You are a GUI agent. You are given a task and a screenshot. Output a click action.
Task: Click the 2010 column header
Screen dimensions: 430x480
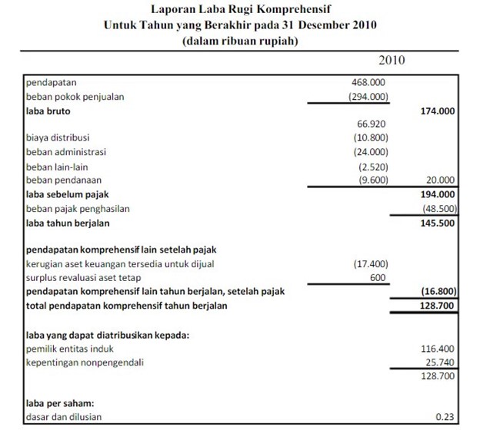[392, 60]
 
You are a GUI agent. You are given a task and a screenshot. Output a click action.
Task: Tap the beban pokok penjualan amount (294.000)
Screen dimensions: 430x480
[368, 97]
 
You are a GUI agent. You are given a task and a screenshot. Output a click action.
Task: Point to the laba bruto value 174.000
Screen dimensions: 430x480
[438, 111]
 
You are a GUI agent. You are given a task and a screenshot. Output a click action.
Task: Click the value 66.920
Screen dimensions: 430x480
[372, 124]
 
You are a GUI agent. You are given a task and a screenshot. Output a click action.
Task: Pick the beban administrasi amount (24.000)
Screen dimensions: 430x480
[371, 152]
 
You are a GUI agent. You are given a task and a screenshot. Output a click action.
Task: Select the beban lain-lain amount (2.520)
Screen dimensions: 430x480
[372, 166]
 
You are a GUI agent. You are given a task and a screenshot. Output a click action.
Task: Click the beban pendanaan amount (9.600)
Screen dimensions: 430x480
[372, 180]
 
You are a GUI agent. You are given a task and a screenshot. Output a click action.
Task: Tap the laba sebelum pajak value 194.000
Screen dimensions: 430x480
[438, 194]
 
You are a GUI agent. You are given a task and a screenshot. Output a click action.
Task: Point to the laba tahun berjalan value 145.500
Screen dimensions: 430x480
[438, 223]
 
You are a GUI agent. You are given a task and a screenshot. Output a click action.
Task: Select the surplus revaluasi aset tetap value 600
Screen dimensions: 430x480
[377, 278]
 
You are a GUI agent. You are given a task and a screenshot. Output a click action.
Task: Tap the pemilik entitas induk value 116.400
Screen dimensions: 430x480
[438, 348]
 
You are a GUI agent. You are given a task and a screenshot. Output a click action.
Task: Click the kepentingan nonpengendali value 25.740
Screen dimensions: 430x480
[441, 362]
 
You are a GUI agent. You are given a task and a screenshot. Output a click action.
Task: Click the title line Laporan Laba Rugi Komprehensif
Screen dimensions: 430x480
[239, 11]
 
